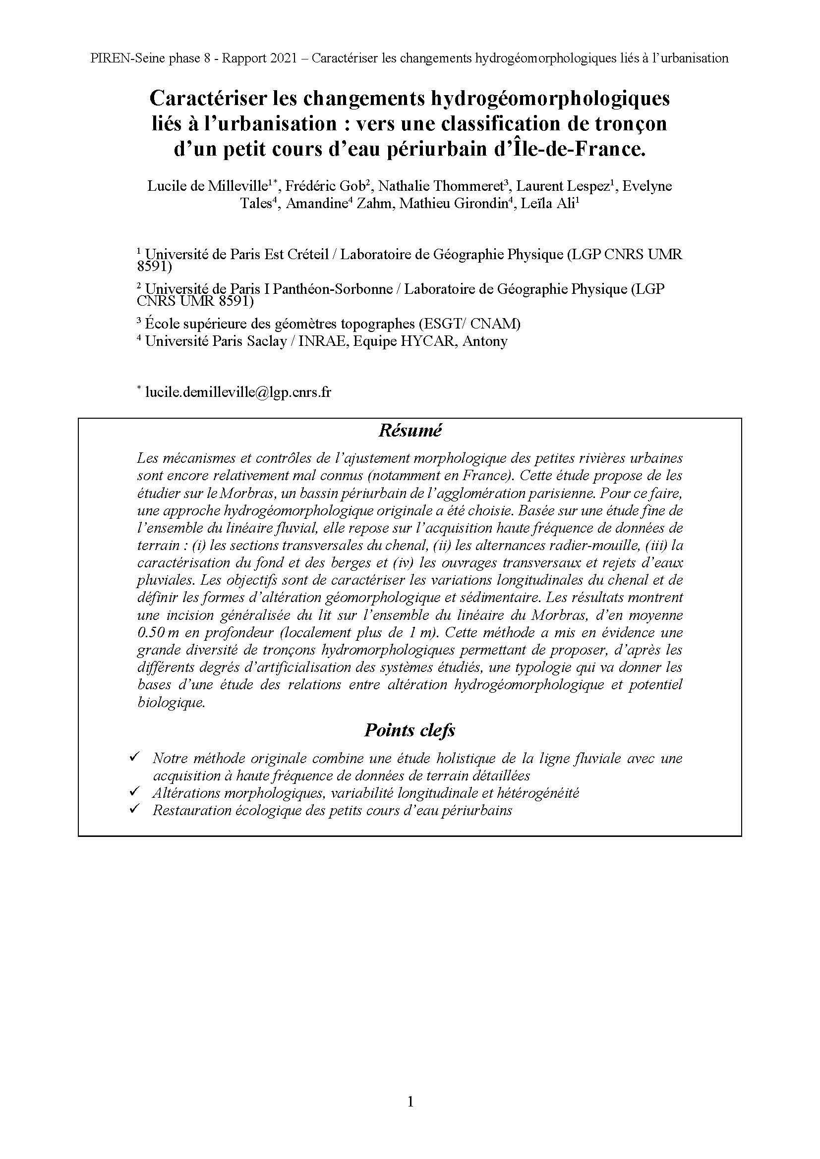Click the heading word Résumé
(410, 431)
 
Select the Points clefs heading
(410, 730)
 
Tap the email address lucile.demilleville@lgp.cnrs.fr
(238, 392)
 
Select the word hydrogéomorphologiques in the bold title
(549, 98)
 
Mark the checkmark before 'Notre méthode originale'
(134, 757)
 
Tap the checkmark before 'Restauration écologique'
(134, 809)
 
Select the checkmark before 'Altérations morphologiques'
(134, 791)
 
